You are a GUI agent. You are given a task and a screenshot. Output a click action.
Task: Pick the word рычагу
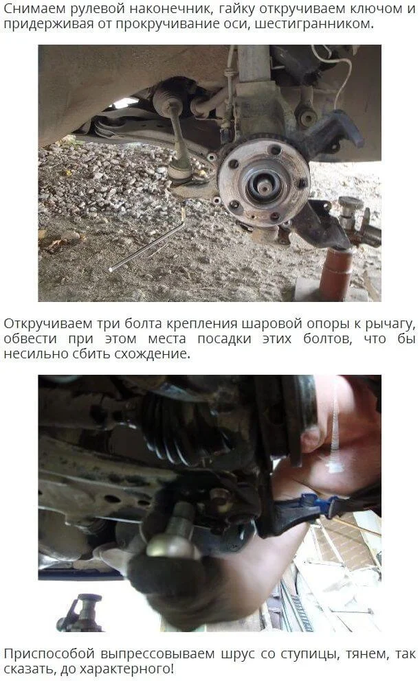pyautogui.click(x=389, y=325)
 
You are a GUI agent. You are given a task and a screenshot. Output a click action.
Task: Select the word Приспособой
pyautogui.click(x=49, y=654)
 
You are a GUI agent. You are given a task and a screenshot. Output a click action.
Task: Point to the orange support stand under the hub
pyautogui.click(x=336, y=273)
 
